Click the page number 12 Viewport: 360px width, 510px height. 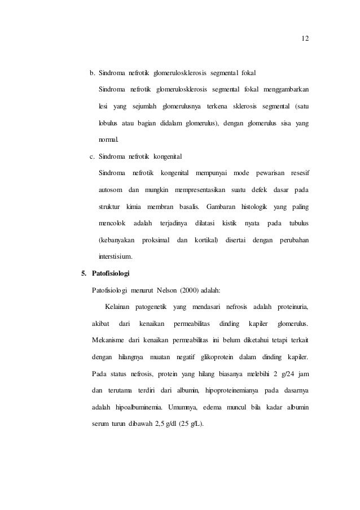pyautogui.click(x=305, y=39)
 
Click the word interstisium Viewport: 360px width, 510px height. pyautogui.click(x=116, y=256)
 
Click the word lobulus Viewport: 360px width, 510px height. pyautogui.click(x=110, y=123)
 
